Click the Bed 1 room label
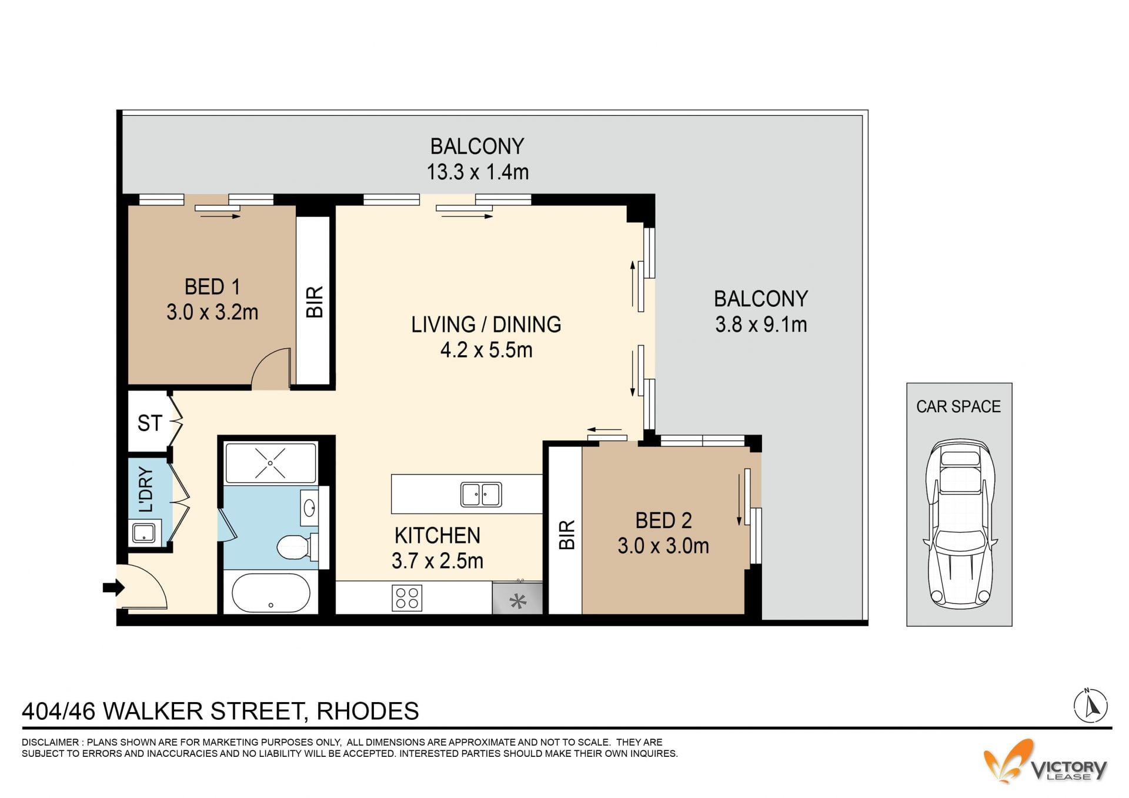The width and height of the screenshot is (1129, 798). [212, 287]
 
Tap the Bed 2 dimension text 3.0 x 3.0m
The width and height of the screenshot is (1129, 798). [663, 546]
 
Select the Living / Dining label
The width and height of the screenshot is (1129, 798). [486, 325]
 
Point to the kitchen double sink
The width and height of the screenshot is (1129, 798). [481, 494]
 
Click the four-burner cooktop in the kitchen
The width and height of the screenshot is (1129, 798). [407, 598]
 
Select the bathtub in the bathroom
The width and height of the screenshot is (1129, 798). [271, 593]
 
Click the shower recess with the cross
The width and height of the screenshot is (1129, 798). [270, 463]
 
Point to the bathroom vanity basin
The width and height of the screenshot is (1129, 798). [309, 507]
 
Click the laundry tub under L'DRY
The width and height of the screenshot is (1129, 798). [143, 533]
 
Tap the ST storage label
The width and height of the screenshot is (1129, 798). [149, 423]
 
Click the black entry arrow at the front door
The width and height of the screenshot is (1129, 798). [113, 587]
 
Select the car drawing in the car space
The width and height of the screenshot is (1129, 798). [959, 523]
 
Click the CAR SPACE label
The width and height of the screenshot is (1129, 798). [958, 406]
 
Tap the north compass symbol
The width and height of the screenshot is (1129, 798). [1091, 706]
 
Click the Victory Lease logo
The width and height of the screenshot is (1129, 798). [1046, 762]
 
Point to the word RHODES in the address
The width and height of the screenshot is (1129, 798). [368, 711]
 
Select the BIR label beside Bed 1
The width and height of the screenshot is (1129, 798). [315, 302]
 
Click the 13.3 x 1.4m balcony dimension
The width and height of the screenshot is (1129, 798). [477, 172]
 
